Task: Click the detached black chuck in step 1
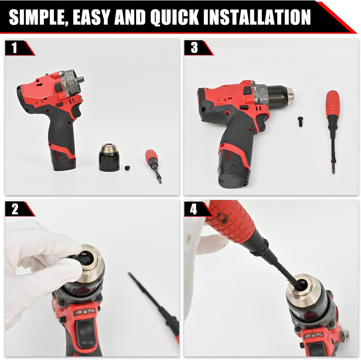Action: coord(109,158)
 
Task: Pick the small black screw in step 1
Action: coord(127,168)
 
